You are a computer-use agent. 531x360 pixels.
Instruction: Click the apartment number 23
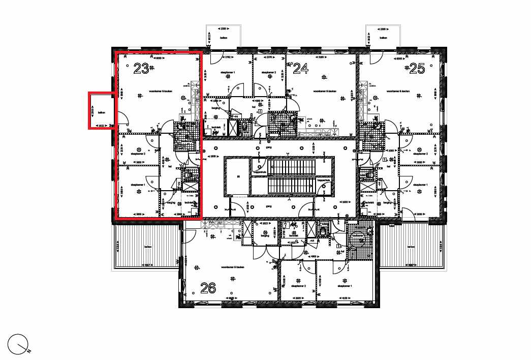click(x=141, y=68)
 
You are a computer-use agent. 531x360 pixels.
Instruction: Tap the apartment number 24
click(x=301, y=68)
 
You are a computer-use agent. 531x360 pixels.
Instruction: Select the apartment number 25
click(x=417, y=68)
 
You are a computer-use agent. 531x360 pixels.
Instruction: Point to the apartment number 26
click(x=208, y=288)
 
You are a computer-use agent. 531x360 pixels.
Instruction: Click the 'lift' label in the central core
click(x=237, y=176)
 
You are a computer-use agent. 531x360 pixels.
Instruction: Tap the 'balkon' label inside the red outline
click(x=102, y=112)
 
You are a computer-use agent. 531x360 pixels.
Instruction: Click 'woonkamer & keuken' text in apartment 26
click(x=233, y=266)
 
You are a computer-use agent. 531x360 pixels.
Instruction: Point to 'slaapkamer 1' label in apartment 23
click(x=138, y=185)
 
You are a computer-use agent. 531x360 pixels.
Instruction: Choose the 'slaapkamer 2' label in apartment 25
click(x=420, y=154)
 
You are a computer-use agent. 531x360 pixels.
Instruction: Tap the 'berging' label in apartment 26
click(x=265, y=235)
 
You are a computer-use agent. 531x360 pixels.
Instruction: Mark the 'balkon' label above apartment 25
click(x=384, y=38)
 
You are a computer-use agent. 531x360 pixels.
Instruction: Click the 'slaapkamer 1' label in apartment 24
click(x=228, y=73)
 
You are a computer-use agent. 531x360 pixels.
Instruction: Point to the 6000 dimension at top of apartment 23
click(x=158, y=58)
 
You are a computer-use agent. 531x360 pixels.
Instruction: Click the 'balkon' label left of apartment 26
click(x=148, y=247)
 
